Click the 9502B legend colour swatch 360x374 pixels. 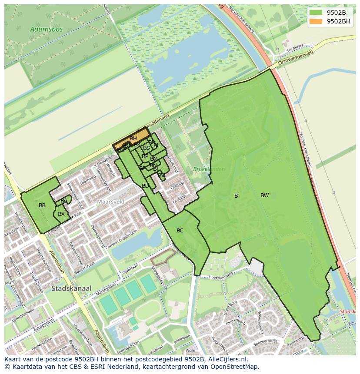[x=316, y=13]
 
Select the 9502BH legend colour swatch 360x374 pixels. [x=316, y=21]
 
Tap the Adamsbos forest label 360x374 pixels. [x=47, y=30]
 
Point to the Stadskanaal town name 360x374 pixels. [x=71, y=288]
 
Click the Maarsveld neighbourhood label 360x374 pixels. [x=110, y=202]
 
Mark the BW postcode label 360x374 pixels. [x=264, y=195]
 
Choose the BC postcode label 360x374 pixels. [x=180, y=231]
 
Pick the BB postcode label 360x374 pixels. [x=42, y=205]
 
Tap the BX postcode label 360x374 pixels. [x=61, y=214]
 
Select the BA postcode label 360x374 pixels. [x=64, y=201]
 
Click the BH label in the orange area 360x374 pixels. [x=133, y=139]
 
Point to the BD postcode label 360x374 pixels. [x=145, y=186]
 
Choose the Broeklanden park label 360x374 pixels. [x=209, y=169]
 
